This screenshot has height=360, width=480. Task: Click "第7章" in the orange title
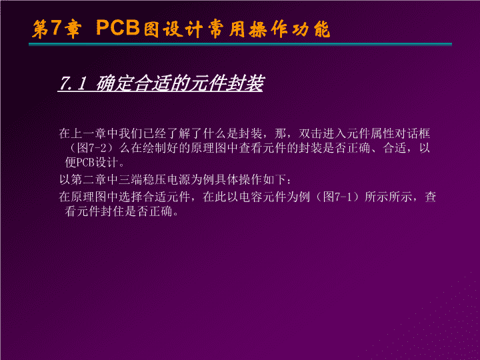coord(57,29)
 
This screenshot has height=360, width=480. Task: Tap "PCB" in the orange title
coord(118,27)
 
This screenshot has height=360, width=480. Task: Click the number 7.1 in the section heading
coord(73,83)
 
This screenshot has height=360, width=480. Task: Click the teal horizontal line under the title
coord(240,45)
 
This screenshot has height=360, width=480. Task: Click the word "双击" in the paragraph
coord(311,133)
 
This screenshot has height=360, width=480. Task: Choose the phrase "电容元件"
coord(262,197)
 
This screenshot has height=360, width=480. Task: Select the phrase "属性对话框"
coord(401,133)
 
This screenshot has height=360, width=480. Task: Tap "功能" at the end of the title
coord(311,29)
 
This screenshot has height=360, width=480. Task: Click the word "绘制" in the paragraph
coord(154,148)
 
